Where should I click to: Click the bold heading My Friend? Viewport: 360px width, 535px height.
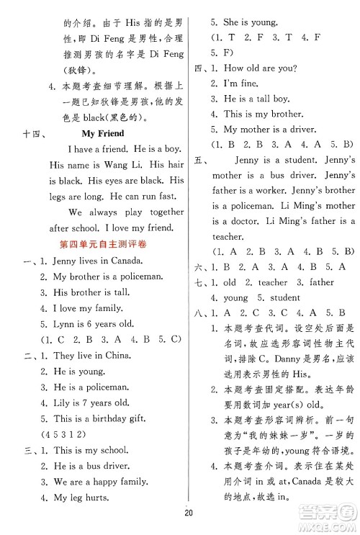click(102, 134)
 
